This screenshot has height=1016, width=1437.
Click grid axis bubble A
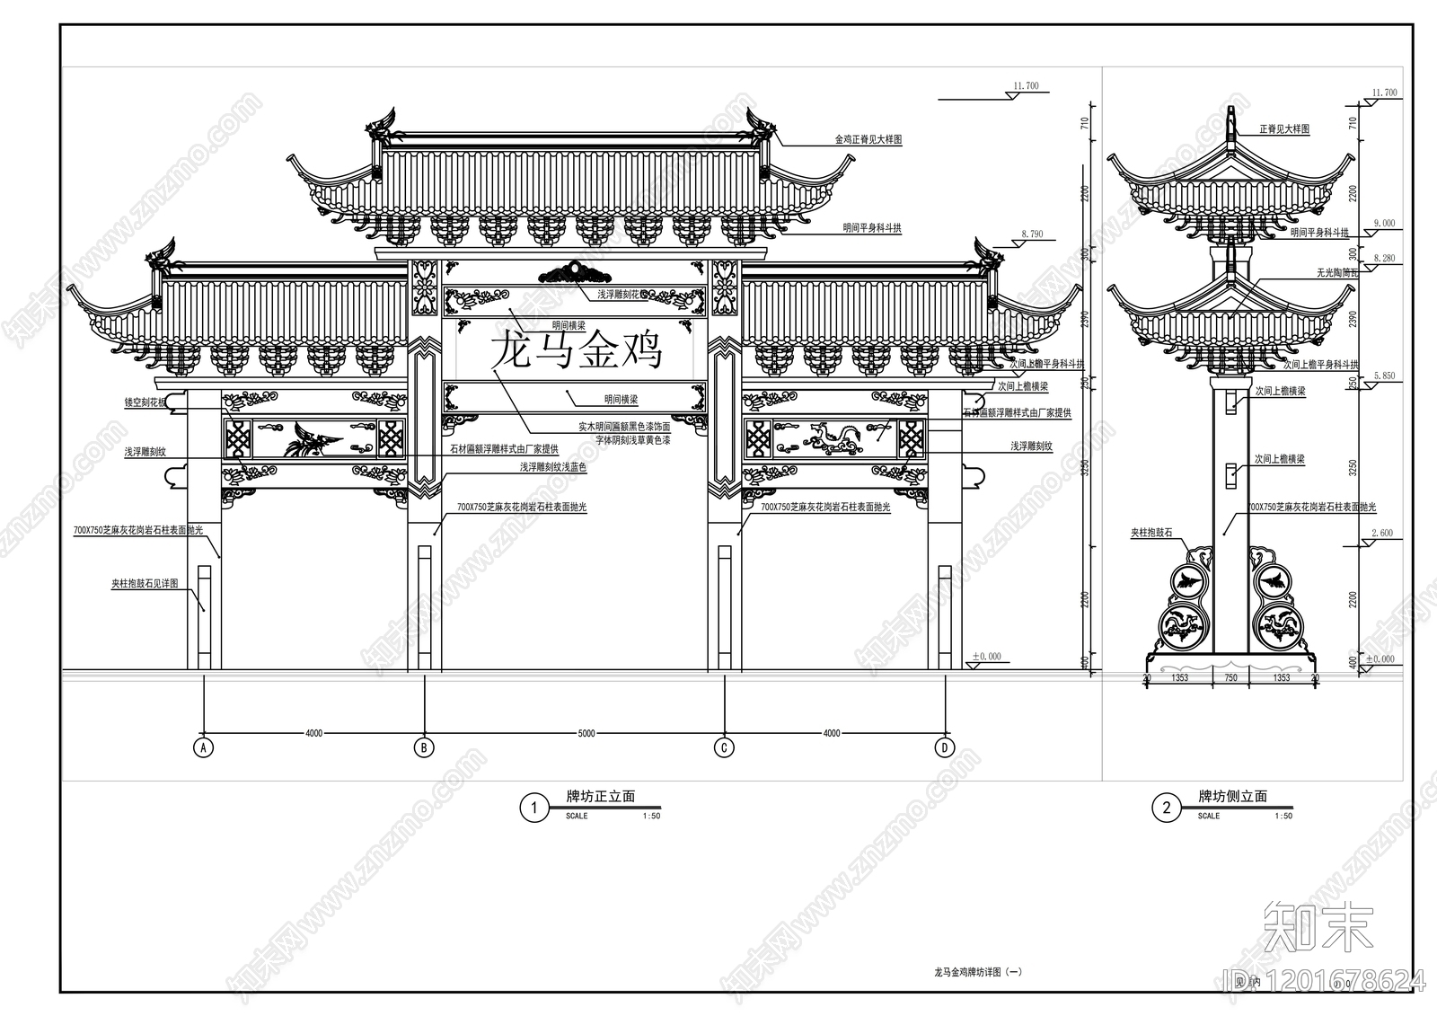204,747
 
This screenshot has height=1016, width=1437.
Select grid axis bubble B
423,747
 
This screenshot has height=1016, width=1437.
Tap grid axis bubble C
724,747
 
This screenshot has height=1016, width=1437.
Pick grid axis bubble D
944,747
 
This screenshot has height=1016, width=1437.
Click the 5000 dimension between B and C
586,734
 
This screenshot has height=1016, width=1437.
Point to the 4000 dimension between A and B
313,734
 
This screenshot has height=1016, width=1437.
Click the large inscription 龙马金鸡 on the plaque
576,350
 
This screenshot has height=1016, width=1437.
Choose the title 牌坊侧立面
1233,797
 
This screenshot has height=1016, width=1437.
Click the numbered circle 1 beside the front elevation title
534,808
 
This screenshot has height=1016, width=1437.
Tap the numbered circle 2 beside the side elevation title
1167,808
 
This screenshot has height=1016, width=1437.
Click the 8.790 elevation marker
1032,234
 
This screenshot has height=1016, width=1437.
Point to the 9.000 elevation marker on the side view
1384,224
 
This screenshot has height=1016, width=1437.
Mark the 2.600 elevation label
1382,534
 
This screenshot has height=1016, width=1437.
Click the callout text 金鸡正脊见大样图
868,141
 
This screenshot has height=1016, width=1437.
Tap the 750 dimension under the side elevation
1230,678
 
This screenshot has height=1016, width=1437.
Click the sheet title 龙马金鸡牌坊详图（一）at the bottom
978,972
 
